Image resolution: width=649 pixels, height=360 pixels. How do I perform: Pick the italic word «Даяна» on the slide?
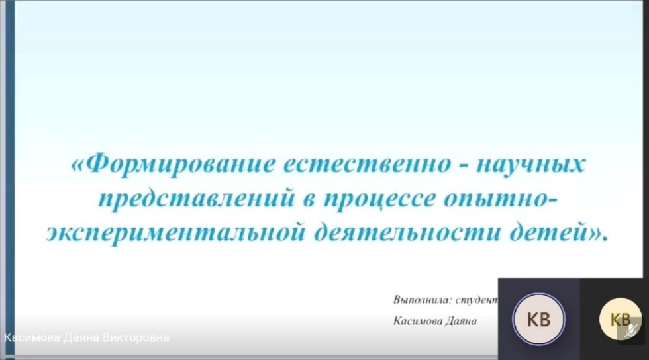(x=462, y=320)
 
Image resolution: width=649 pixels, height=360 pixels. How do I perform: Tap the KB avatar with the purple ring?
(x=538, y=320)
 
